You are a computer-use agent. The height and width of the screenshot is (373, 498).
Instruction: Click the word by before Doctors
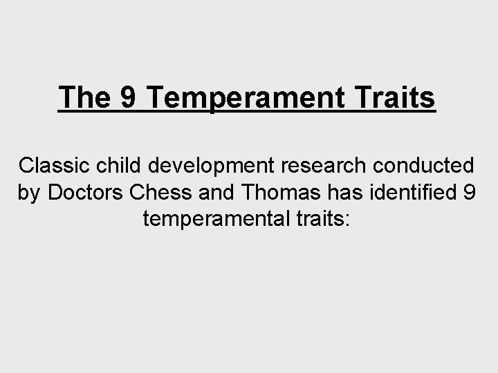[30, 193]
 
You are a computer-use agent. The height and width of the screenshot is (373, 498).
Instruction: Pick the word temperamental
[214, 219]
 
